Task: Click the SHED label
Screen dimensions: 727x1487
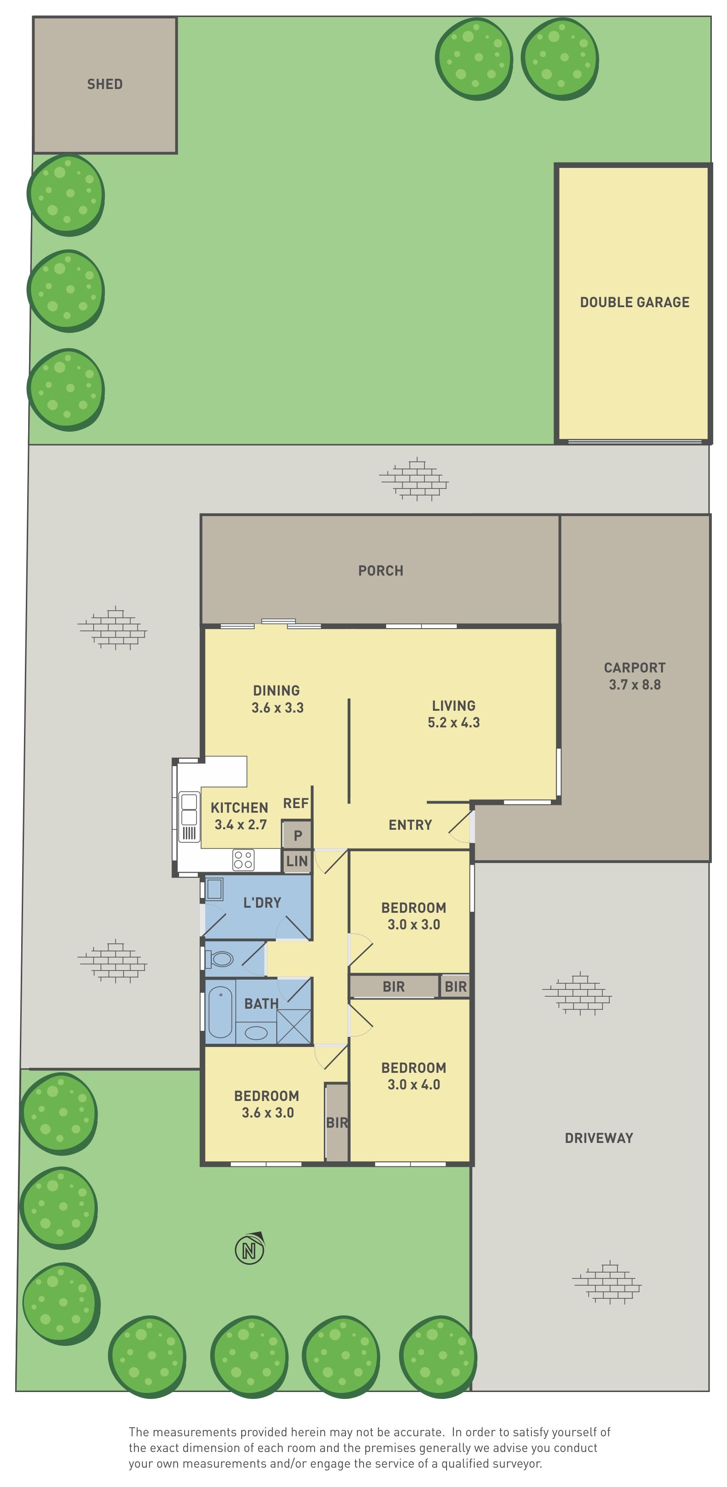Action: tap(105, 84)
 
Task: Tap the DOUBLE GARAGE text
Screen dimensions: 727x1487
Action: tap(635, 303)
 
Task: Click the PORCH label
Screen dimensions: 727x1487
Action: tap(381, 571)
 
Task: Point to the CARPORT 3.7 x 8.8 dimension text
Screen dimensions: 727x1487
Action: tap(635, 677)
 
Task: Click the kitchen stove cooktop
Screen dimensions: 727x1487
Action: tap(243, 860)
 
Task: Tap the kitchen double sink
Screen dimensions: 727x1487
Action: tap(189, 809)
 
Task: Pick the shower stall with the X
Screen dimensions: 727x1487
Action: tap(294, 1026)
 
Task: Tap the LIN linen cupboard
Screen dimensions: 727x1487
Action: tap(297, 861)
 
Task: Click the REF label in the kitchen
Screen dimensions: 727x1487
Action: tap(296, 803)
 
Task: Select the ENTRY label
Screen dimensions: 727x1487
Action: tap(410, 825)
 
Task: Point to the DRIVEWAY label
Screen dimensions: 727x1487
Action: tap(599, 1138)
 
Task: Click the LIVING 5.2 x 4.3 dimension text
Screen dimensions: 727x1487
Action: tap(454, 714)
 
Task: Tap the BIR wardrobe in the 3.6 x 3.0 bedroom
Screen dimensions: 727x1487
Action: tap(337, 1123)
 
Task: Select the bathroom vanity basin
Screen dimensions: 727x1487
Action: tap(256, 1033)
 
